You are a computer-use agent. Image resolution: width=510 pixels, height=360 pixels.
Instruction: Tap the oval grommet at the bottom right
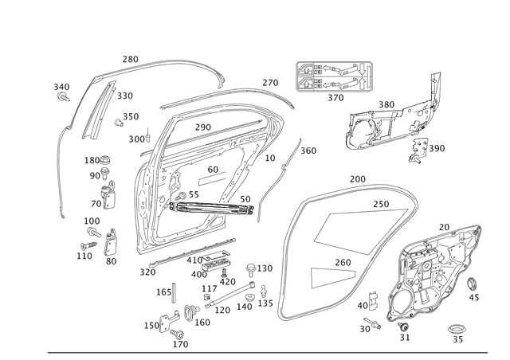(457, 327)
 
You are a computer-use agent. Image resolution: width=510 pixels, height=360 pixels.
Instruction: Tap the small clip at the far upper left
(61, 93)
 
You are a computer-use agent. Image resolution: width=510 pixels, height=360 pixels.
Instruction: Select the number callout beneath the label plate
(335, 99)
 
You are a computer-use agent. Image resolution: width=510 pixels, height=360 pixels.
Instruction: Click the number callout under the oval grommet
(457, 341)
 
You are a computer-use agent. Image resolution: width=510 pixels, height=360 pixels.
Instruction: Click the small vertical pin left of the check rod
(173, 292)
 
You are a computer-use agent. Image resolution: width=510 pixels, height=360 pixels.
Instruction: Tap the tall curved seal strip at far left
(58, 175)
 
